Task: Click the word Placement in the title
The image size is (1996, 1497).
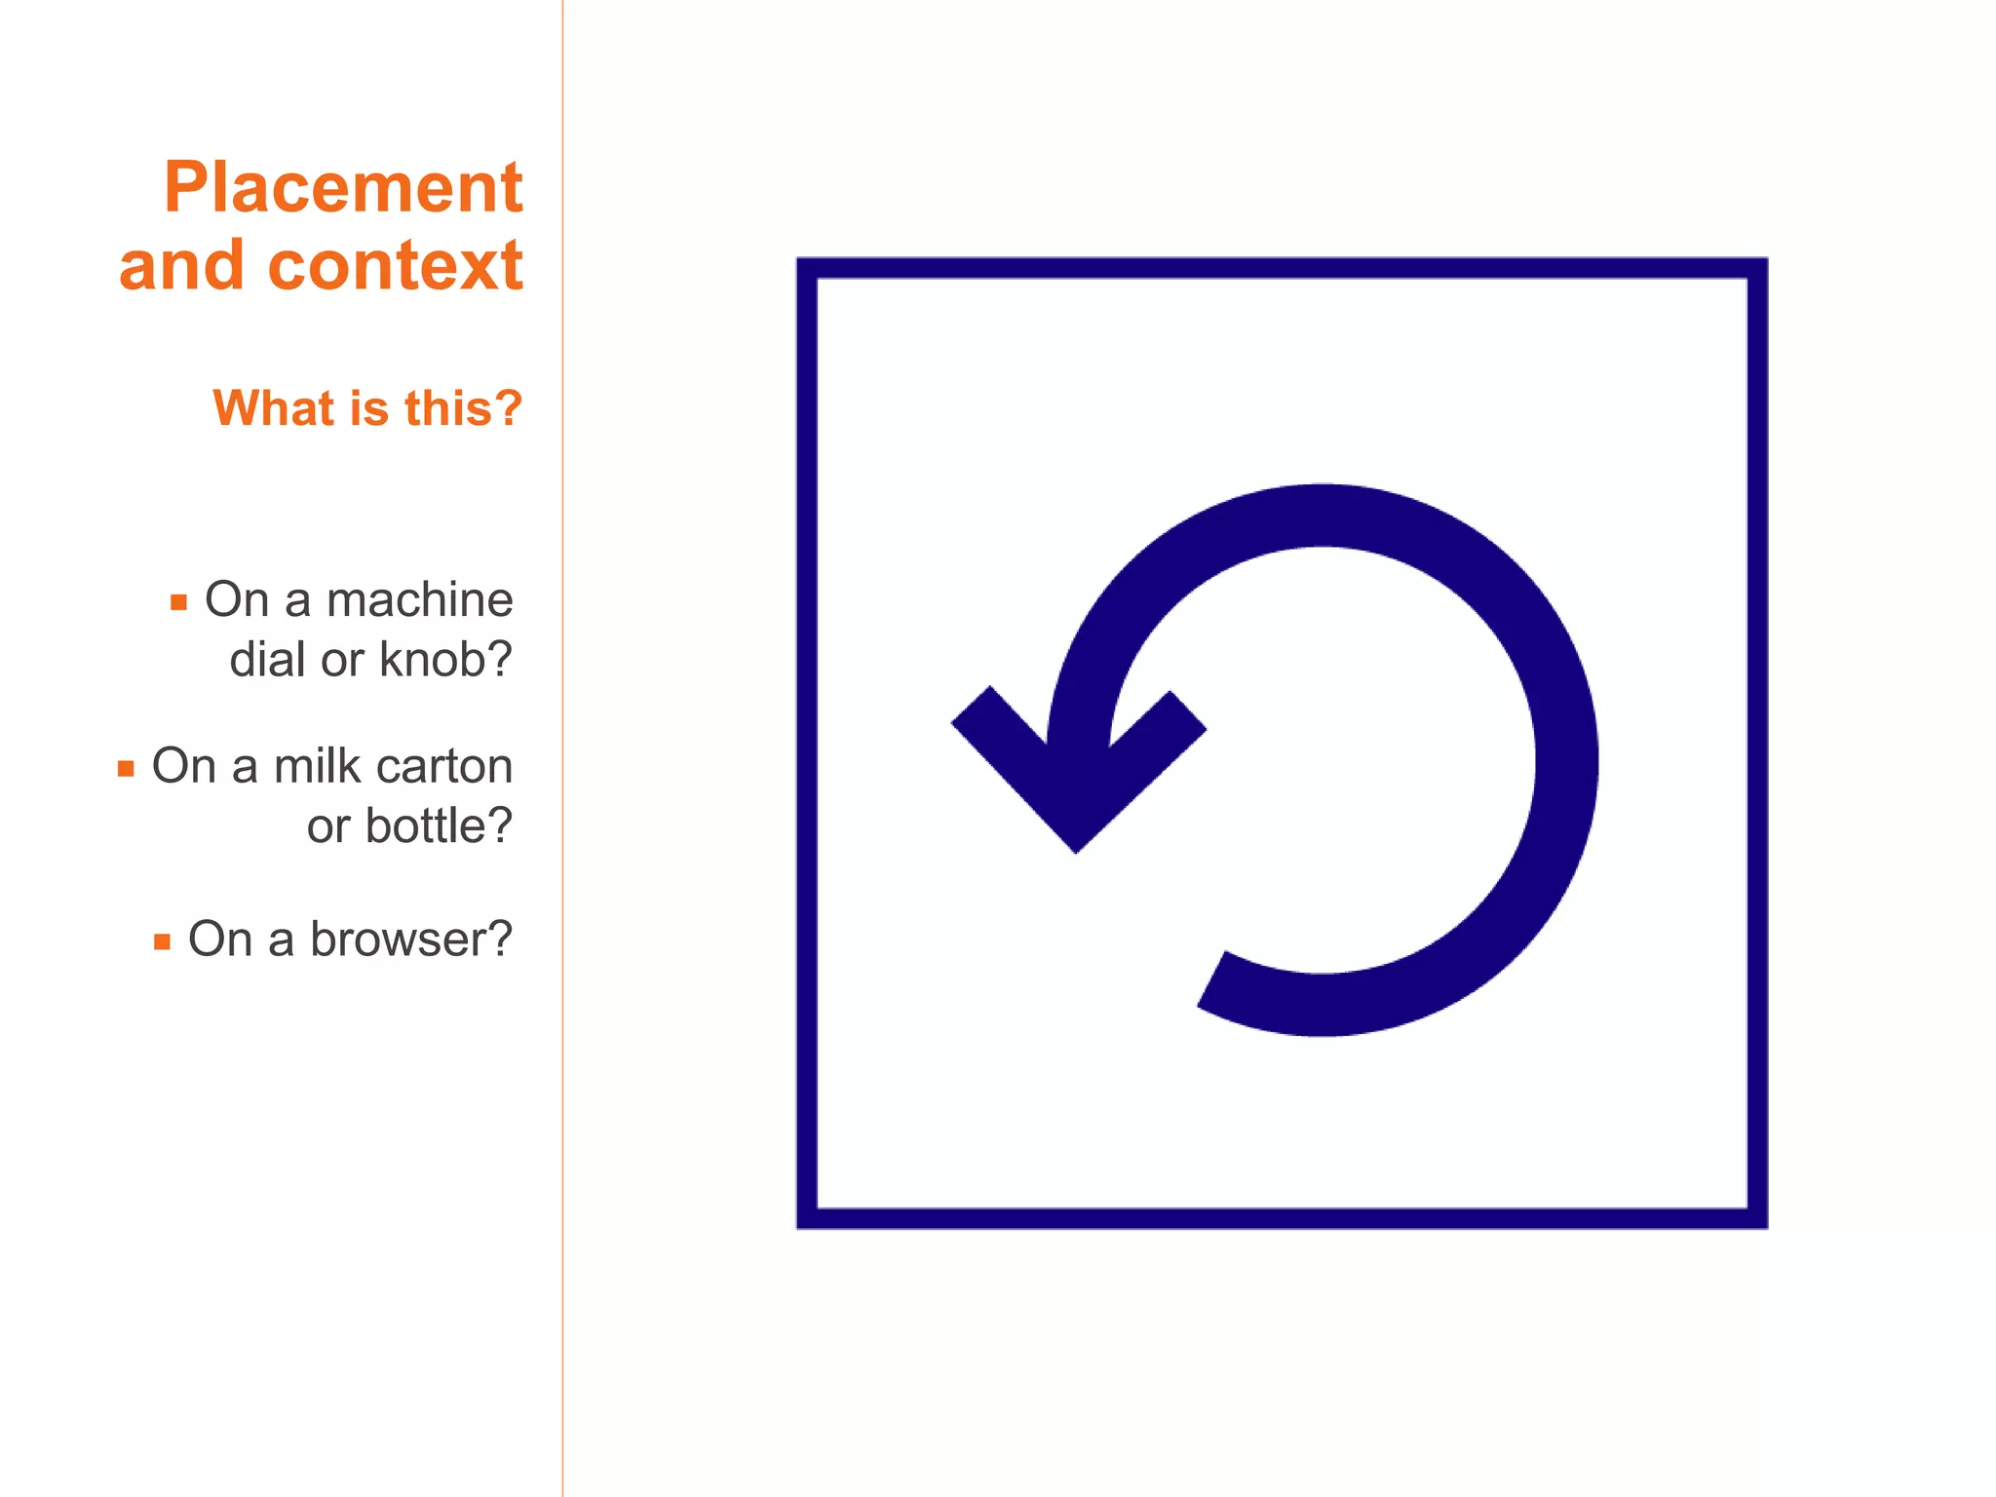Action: pyautogui.click(x=343, y=187)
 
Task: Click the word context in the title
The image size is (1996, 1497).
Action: pyautogui.click(x=395, y=265)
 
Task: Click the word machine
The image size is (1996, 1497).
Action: pyautogui.click(x=419, y=599)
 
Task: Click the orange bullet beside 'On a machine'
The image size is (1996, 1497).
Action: pyautogui.click(x=178, y=602)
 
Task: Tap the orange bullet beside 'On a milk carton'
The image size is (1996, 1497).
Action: pyautogui.click(x=126, y=769)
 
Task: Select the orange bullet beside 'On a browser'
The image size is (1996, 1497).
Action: pyautogui.click(x=162, y=942)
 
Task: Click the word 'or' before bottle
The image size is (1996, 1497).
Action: pyautogui.click(x=327, y=826)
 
